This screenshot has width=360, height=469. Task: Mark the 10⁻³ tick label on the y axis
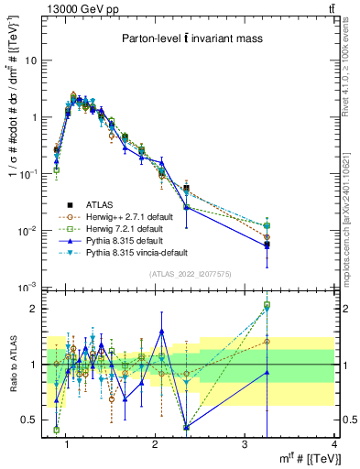[27, 288]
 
